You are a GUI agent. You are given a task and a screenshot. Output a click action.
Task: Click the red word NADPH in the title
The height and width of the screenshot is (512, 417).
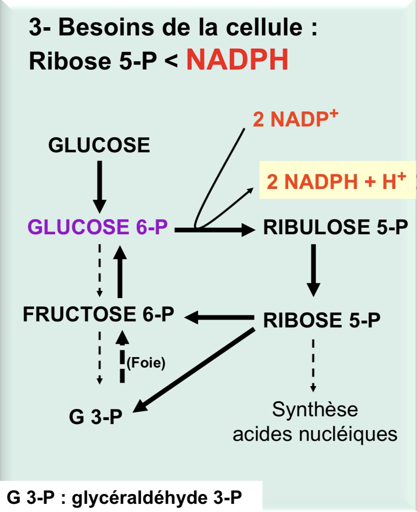[237, 61]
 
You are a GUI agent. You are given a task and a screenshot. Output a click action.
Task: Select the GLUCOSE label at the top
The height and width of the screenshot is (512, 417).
[99, 145]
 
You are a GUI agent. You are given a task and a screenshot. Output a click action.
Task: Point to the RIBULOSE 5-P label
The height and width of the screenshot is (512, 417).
[335, 227]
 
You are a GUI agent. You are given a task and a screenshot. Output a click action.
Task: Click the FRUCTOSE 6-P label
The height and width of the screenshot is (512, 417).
[98, 315]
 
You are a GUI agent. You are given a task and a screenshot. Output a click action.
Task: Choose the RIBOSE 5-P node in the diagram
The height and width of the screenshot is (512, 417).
[322, 320]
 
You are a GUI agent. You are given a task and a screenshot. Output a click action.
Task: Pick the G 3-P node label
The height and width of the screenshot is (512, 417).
[95, 416]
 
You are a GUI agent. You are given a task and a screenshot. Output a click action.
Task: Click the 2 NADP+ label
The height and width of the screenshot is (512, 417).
[295, 120]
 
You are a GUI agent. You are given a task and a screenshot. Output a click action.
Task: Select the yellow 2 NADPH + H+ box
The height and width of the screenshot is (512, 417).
[336, 182]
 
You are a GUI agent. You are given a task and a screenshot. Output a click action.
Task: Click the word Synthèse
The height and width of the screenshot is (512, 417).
[315, 409]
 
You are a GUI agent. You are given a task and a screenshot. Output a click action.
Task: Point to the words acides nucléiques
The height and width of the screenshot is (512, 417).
[315, 433]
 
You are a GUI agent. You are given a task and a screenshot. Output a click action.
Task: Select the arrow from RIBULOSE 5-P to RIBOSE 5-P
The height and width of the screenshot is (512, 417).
[314, 270]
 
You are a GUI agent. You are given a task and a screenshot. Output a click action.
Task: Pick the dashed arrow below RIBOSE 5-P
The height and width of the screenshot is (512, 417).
[313, 365]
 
